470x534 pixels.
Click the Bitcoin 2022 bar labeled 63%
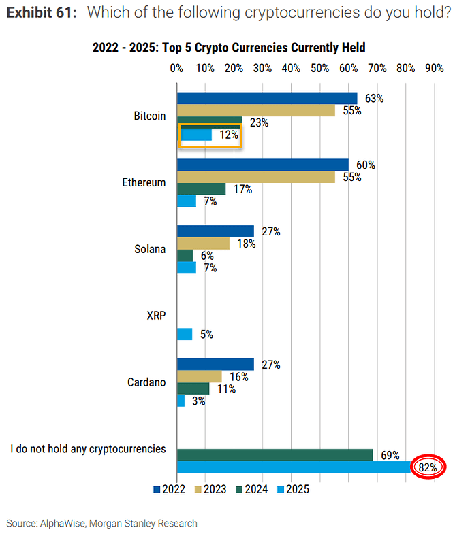click(267, 98)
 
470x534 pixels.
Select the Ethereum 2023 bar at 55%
click(256, 177)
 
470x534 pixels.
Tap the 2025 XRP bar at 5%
click(185, 334)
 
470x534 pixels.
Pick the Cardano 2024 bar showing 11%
click(193, 388)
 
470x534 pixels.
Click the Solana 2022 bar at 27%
click(215, 231)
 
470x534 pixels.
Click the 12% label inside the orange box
click(229, 135)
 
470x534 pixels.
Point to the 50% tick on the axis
click(319, 68)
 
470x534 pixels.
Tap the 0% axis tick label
click(177, 68)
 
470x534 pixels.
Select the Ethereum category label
click(144, 182)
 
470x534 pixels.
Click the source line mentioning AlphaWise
click(102, 523)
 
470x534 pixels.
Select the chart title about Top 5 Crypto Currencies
click(229, 48)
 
